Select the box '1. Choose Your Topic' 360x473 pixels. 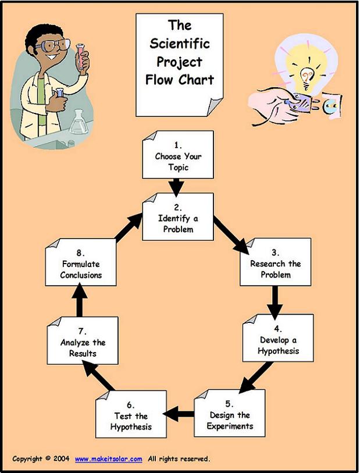coord(178,155)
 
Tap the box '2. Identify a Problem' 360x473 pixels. coord(178,217)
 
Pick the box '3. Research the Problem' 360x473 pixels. coord(276,262)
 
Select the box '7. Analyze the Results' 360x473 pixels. coord(83,341)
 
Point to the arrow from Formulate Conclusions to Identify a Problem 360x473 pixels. coord(129,227)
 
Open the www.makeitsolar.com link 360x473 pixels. coord(109,459)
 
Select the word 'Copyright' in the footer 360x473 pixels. coord(28,459)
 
